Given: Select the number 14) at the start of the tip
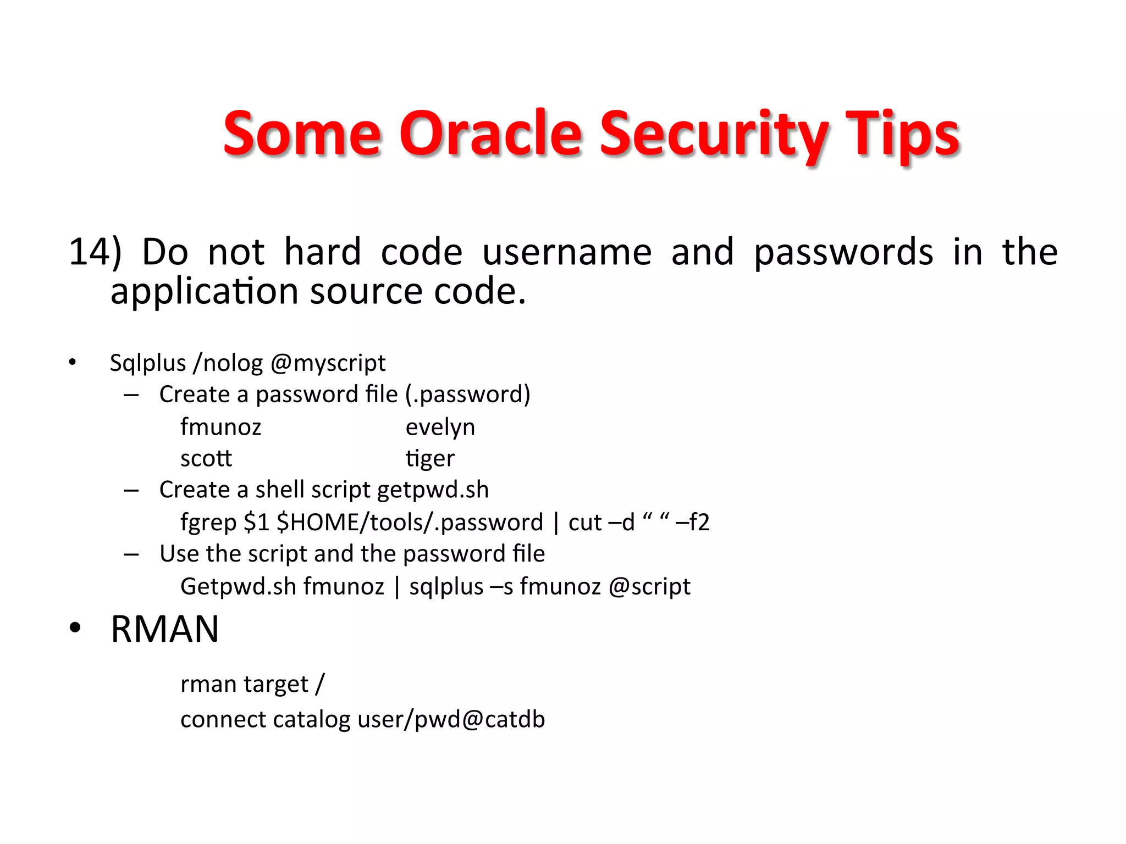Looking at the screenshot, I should pyautogui.click(x=95, y=252).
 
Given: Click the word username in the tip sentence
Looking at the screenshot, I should pyautogui.click(x=566, y=252).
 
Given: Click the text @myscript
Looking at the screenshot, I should pyautogui.click(x=328, y=363).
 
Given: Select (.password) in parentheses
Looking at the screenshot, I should pyautogui.click(x=468, y=395).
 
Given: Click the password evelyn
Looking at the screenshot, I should pyautogui.click(x=440, y=427).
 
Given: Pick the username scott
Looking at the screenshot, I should pyautogui.click(x=206, y=458).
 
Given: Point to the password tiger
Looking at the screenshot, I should pyautogui.click(x=430, y=458).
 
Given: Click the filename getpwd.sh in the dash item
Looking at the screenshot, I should pyautogui.click(x=433, y=490).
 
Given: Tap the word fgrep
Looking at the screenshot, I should pyautogui.click(x=208, y=522).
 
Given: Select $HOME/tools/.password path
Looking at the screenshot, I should pyautogui.click(x=410, y=522).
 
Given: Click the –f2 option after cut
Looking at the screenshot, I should pyautogui.click(x=692, y=522).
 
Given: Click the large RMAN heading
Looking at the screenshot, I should pyautogui.click(x=165, y=629).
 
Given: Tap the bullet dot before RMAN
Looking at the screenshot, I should pyautogui.click(x=75, y=628).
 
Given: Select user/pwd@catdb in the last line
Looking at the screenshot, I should pyautogui.click(x=451, y=719).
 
